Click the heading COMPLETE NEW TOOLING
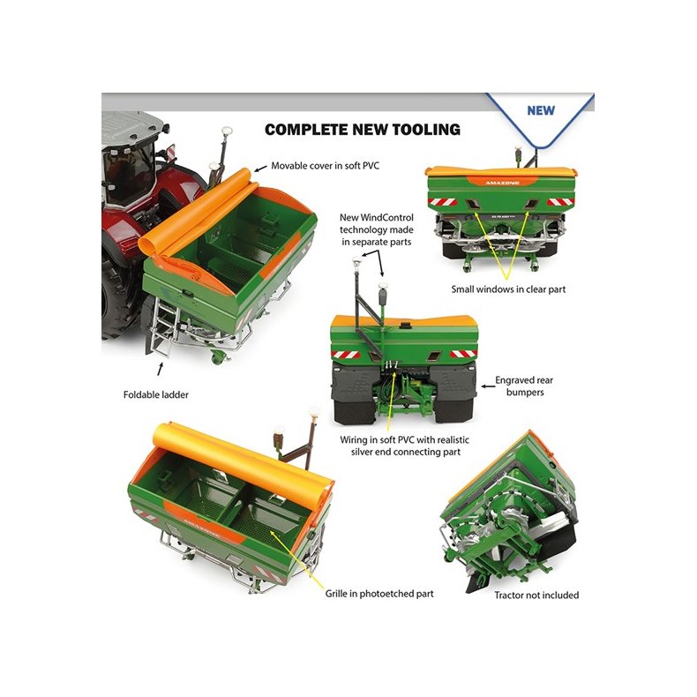pyautogui.click(x=363, y=130)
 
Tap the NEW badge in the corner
pyautogui.click(x=540, y=110)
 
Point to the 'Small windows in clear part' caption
pyautogui.click(x=505, y=288)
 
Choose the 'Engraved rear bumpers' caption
pyautogui.click(x=527, y=386)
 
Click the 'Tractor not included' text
pyautogui.click(x=536, y=595)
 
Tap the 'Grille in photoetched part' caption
pyautogui.click(x=378, y=594)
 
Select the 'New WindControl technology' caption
pyautogui.click(x=376, y=229)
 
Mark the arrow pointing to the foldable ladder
pyautogui.click(x=161, y=367)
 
